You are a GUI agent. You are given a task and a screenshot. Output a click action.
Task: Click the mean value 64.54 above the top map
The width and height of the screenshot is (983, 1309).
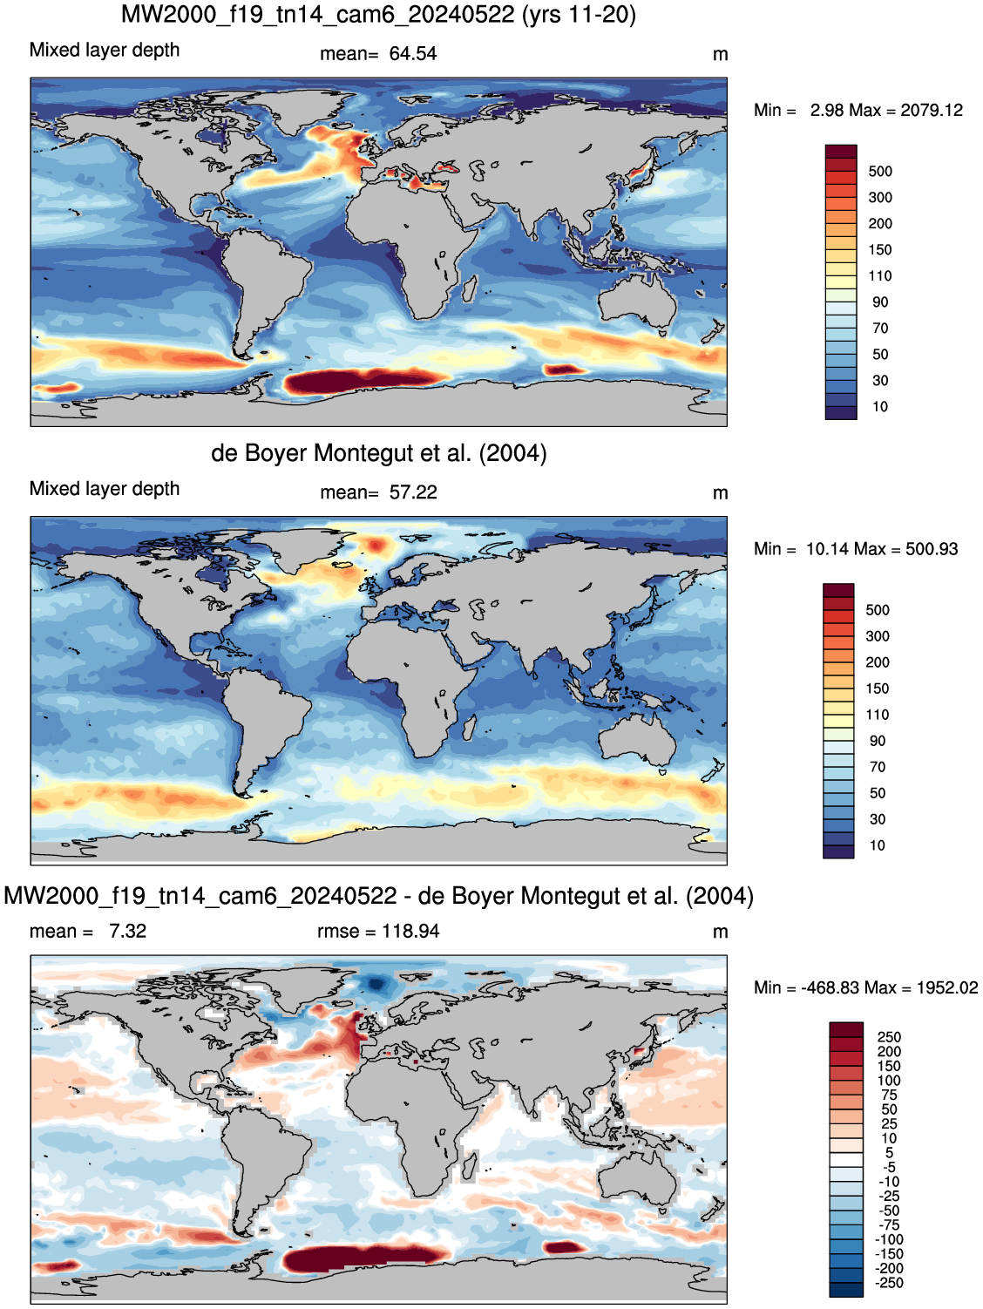pos(412,54)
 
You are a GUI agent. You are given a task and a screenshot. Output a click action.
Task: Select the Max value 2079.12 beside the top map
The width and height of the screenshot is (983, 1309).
pos(931,111)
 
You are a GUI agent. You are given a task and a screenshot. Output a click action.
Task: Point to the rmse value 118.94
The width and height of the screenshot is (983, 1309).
pos(410,931)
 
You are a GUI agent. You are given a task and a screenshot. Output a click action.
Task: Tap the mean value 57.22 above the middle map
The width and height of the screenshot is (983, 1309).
pos(412,492)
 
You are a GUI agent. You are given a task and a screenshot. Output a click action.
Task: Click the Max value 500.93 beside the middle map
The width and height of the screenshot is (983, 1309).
pos(931,549)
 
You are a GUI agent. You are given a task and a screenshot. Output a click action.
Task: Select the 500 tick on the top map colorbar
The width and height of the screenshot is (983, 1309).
pos(880,171)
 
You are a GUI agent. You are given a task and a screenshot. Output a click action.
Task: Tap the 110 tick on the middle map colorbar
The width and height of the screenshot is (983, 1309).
pos(877,715)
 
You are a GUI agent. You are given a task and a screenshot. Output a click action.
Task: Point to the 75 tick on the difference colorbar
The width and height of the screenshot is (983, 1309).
pos(889,1095)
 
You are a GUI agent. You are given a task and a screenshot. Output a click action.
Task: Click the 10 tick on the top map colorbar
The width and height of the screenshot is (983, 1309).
pos(880,407)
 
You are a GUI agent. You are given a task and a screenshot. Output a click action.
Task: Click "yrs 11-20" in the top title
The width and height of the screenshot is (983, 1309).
pos(579,14)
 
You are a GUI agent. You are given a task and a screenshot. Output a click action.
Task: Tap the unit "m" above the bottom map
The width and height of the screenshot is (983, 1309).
pos(720,932)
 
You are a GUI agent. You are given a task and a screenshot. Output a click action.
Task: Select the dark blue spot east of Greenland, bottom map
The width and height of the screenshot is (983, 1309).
pos(376,983)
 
